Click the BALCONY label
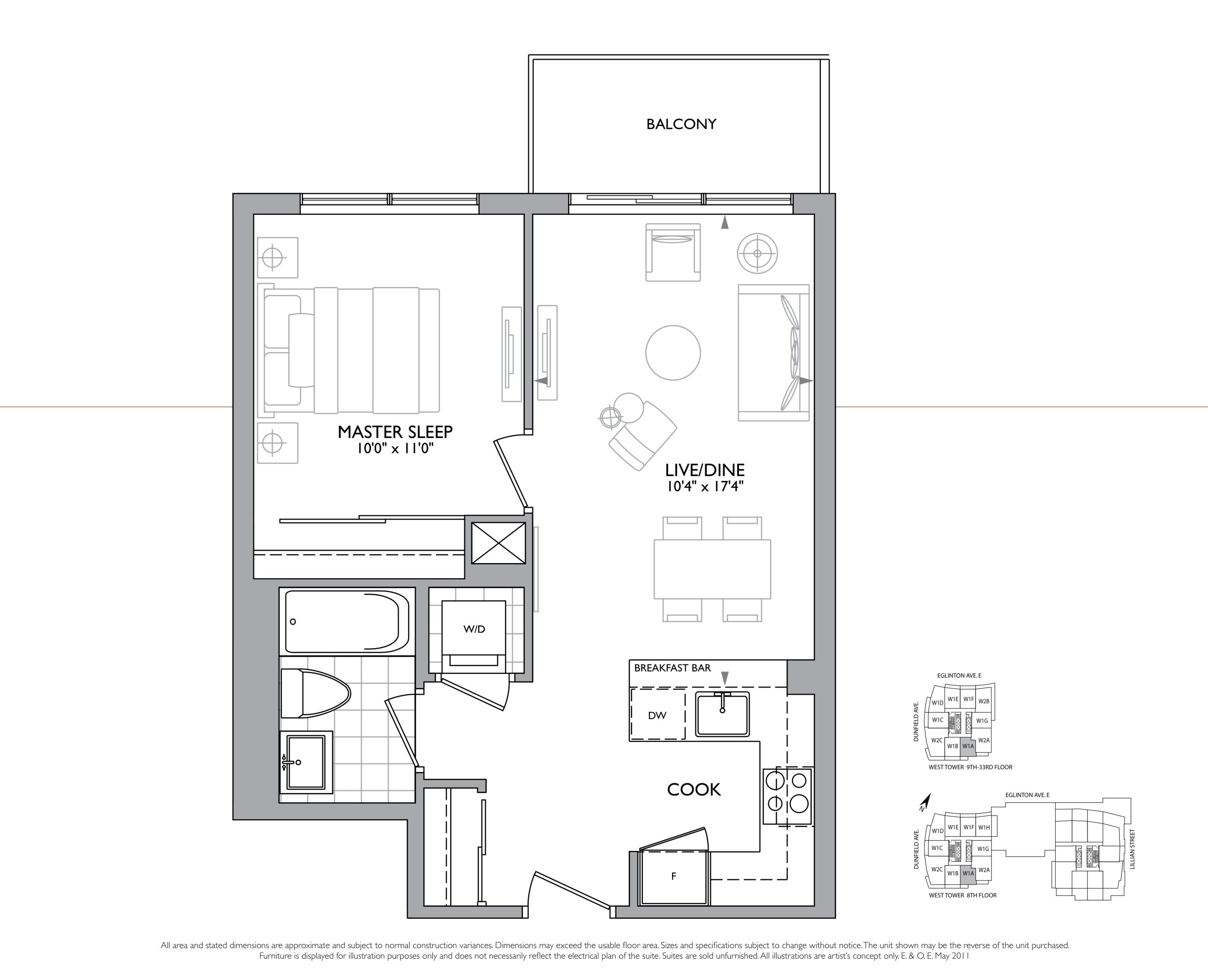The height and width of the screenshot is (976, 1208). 681,124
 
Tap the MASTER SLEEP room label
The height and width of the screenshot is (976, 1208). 394,432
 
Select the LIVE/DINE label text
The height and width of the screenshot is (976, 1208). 705,470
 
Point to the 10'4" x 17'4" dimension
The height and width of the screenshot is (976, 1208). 705,486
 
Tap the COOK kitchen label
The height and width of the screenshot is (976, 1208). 694,790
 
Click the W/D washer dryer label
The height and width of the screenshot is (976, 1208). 474,629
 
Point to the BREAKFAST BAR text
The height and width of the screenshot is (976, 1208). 672,668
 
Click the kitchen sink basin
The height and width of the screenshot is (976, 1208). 722,714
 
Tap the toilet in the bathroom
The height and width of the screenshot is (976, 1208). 315,693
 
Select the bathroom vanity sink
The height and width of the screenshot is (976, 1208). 306,762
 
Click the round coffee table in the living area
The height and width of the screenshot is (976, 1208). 673,353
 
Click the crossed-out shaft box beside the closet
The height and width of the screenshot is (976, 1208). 498,543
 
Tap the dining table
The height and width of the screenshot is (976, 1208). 712,569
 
